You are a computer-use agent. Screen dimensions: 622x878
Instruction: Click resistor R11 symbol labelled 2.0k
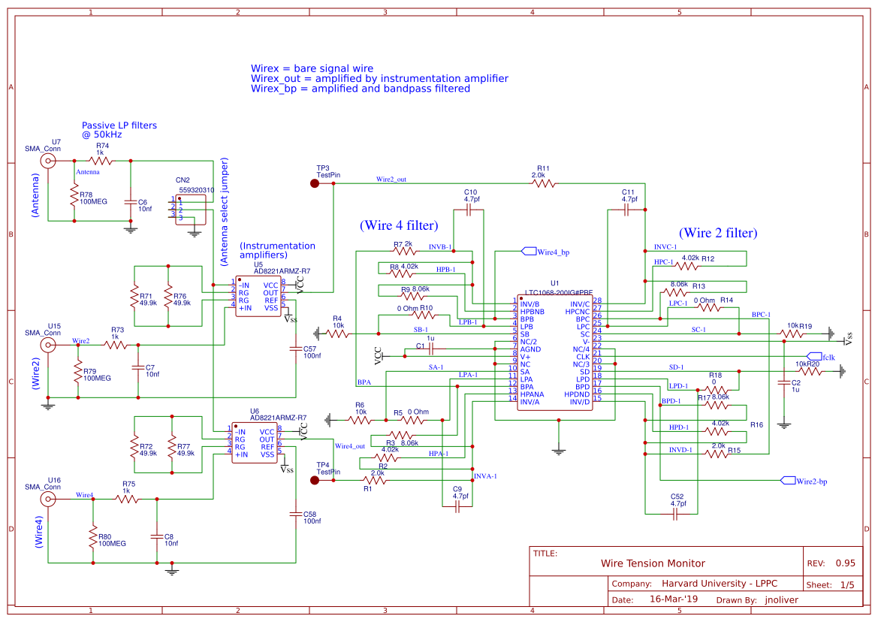pos(543,183)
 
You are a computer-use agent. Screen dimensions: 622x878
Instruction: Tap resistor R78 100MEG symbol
pos(74,197)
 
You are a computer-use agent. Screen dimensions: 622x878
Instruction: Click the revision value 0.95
pos(845,563)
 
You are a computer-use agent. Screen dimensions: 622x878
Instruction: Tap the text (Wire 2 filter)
pos(717,233)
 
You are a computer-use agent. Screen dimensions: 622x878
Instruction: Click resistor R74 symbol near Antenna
pos(101,161)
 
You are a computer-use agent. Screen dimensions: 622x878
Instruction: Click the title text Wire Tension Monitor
pos(653,563)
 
